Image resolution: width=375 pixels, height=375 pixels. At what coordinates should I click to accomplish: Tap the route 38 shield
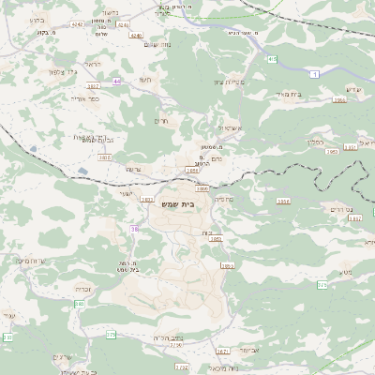tap(135, 228)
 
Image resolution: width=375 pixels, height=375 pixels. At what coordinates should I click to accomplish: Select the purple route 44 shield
tap(117, 82)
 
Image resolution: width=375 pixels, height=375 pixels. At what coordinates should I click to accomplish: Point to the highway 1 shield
tap(315, 73)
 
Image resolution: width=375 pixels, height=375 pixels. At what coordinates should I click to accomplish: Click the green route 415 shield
tap(272, 59)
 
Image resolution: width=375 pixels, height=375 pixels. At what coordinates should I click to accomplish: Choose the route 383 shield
tap(80, 304)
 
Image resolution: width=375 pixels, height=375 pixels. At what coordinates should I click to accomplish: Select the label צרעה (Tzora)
tap(133, 172)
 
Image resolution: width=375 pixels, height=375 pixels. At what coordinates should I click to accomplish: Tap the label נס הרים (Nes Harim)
tap(334, 208)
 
